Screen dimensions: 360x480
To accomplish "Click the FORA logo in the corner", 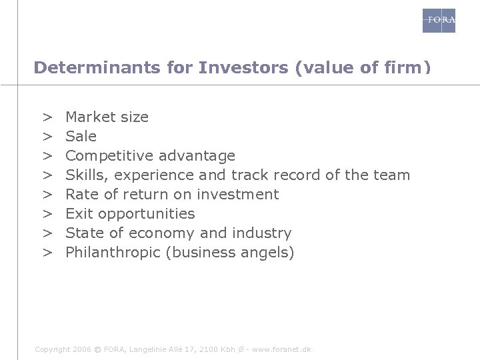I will pyautogui.click(x=439, y=21).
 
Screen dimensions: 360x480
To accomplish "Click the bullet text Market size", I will pyautogui.click(x=107, y=117).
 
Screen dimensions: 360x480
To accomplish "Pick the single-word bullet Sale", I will pyautogui.click(x=81, y=137).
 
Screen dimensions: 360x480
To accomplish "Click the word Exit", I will pyautogui.click(x=78, y=214).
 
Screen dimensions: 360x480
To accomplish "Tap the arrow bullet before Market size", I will pyautogui.click(x=48, y=117).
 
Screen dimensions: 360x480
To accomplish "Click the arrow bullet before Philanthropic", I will pyautogui.click(x=48, y=253).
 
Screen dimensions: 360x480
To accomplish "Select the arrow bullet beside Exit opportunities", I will pyautogui.click(x=48, y=214).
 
